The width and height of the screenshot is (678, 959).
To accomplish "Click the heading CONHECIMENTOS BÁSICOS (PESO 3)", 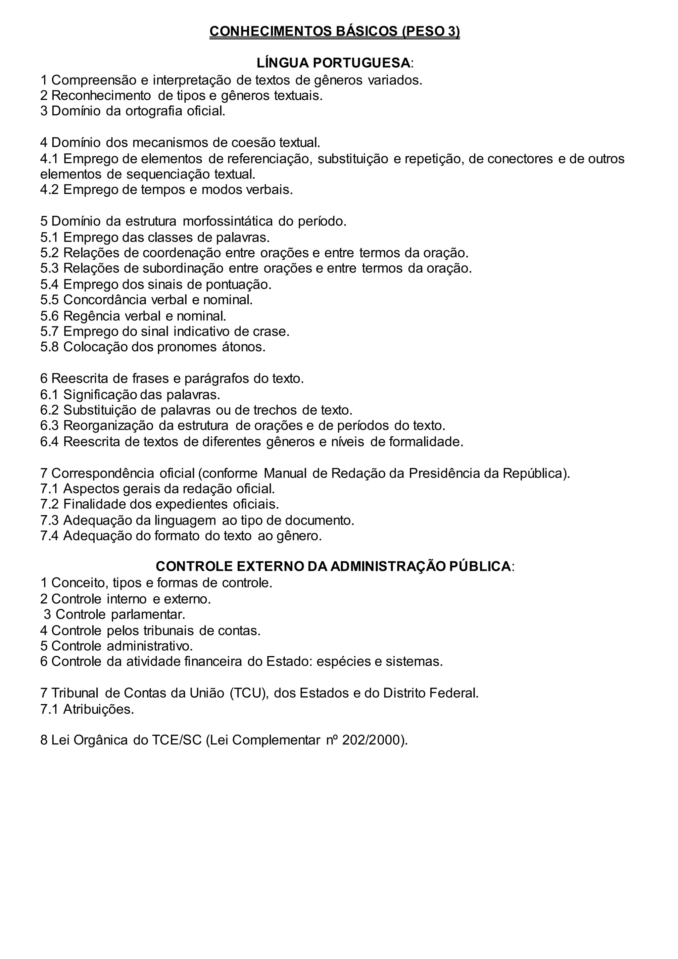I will [x=334, y=32].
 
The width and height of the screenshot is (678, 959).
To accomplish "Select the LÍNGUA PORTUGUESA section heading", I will [x=334, y=63].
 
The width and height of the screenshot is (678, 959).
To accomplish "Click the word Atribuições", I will [x=99, y=709].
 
